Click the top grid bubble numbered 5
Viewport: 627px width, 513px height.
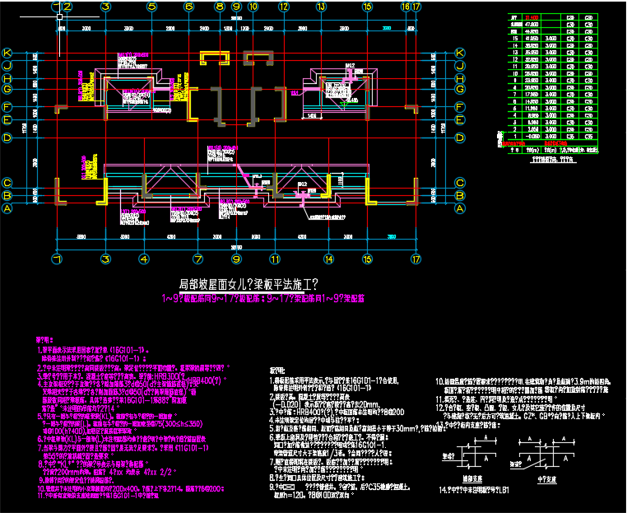pyautogui.click(x=152, y=7)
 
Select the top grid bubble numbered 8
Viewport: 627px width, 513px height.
pyautogui.click(x=220, y=7)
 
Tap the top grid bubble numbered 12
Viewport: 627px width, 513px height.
pyautogui.click(x=283, y=7)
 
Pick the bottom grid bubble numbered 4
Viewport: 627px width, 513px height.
pyautogui.click(x=152, y=259)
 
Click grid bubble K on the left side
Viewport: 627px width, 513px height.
pyautogui.click(x=7, y=52)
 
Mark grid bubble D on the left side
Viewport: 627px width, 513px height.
pyautogui.click(x=7, y=138)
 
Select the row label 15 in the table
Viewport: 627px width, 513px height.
pyautogui.click(x=514, y=39)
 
